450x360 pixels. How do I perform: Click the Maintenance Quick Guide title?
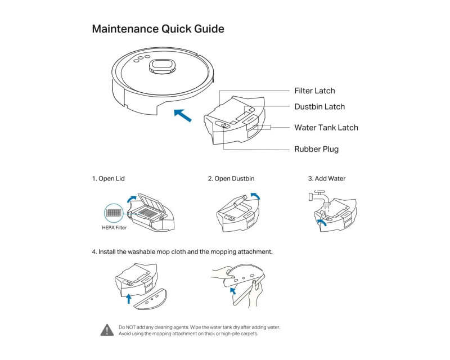click(158, 29)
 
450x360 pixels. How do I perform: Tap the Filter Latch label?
click(314, 91)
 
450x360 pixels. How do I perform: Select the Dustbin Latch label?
click(319, 107)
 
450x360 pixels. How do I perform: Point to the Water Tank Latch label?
click(326, 128)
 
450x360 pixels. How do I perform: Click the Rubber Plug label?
click(316, 149)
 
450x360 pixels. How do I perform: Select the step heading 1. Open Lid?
click(109, 179)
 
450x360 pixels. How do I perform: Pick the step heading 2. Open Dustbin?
click(231, 179)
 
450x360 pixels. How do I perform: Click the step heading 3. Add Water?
click(327, 179)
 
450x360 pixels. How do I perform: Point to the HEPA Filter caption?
click(114, 228)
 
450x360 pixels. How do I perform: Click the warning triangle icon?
click(107, 330)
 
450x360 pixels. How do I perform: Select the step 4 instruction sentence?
click(182, 251)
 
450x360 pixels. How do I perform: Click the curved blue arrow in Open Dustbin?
click(255, 196)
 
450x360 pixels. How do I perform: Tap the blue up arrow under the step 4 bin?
click(129, 298)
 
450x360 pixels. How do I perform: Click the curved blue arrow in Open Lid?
click(132, 199)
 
